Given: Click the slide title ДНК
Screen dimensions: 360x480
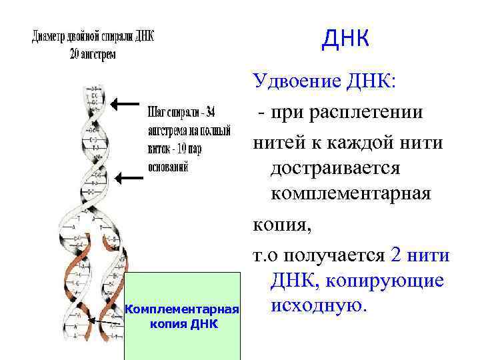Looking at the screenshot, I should (x=345, y=39).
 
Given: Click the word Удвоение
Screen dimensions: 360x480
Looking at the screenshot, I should (x=296, y=83).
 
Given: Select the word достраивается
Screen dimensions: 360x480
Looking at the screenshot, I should (x=335, y=168).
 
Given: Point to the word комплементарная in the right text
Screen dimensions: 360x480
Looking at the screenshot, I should (x=351, y=195).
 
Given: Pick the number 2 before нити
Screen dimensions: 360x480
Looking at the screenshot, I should (x=393, y=254).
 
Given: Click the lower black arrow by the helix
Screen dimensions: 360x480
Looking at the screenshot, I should (x=131, y=177).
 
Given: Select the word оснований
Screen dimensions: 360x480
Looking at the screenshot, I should (x=167, y=167).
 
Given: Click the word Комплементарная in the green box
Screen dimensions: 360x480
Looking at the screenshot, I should (x=182, y=310).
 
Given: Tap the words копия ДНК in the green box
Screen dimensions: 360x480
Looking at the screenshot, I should (x=181, y=325).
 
